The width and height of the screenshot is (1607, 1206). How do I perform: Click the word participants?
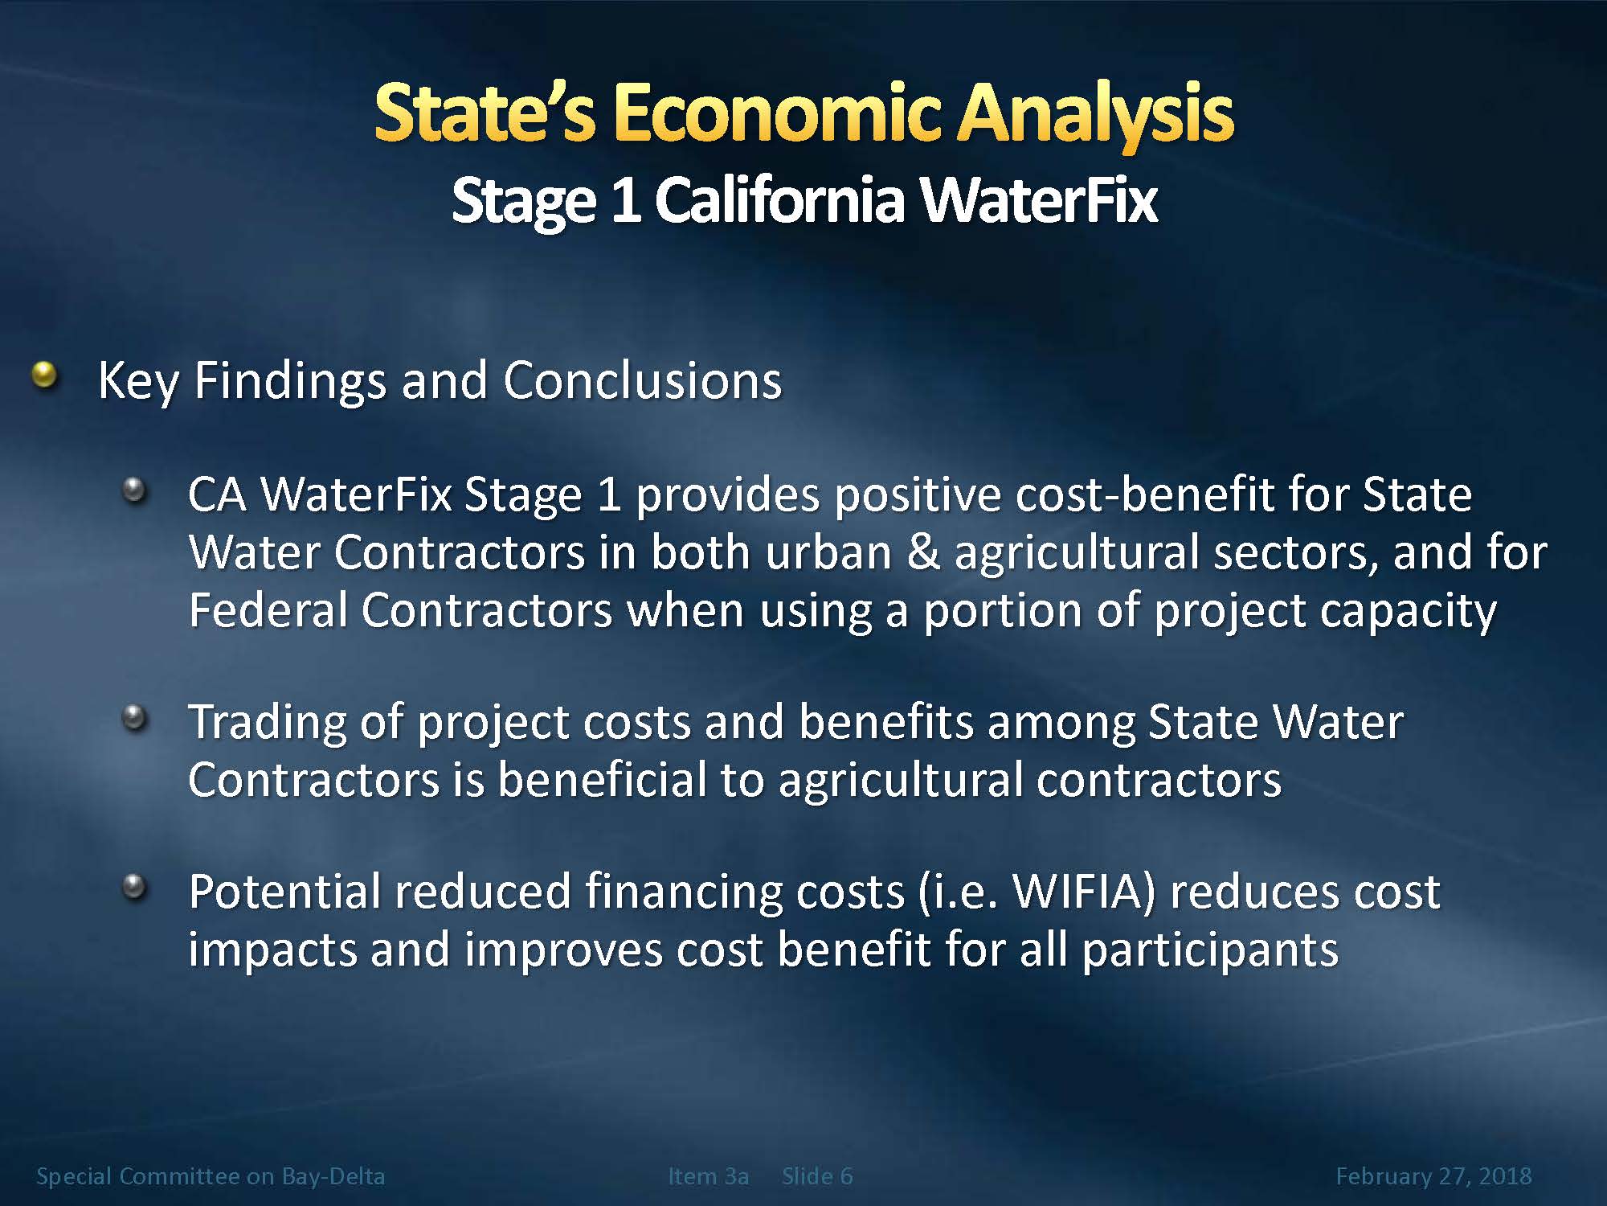click(x=1210, y=951)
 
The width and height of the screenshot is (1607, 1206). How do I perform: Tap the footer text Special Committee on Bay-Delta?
click(x=211, y=1176)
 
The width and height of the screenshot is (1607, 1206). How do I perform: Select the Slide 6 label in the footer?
click(x=817, y=1176)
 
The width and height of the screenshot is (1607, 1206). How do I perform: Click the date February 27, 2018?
click(x=1433, y=1177)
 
